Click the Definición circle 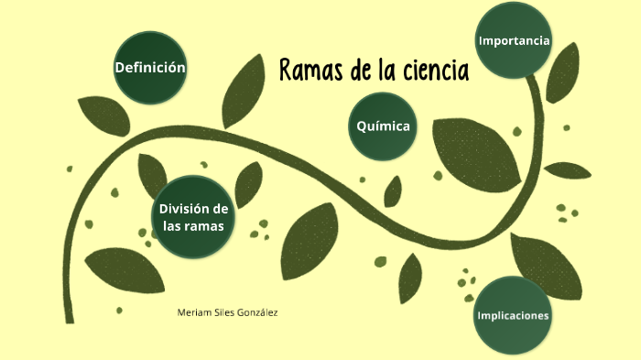[150, 68]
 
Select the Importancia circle [514, 40]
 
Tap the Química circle [383, 126]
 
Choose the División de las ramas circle [193, 216]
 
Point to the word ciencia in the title [435, 70]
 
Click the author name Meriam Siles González [227, 312]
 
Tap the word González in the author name [256, 312]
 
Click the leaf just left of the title [245, 90]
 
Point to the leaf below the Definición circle [103, 115]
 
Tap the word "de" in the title [353, 70]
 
